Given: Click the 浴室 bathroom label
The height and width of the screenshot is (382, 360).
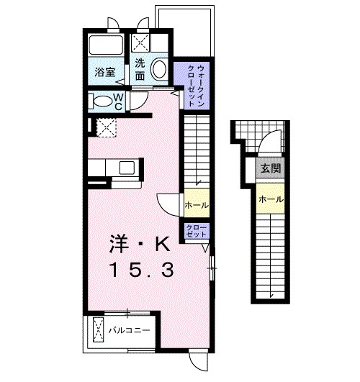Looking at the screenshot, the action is point(105,72).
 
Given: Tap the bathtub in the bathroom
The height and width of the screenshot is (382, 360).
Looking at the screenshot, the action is point(106,45).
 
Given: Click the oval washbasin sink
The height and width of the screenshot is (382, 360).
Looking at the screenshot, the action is point(159,68).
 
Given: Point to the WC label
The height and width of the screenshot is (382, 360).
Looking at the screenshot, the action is point(118,102).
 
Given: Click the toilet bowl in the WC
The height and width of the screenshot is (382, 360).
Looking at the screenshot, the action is point(102,101).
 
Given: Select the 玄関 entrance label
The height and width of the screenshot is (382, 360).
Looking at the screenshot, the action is point(271,168).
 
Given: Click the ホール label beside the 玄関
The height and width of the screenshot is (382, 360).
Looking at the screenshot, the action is point(271,199).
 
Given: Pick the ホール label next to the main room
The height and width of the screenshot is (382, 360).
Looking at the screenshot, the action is point(197,205).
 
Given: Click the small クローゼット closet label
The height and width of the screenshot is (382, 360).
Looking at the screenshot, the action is point(197,231).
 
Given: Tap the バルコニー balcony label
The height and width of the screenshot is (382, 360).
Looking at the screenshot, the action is point(130,330).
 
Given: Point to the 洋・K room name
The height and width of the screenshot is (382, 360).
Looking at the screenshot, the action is point(140,244).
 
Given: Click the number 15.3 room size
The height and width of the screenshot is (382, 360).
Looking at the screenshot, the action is point(143,270).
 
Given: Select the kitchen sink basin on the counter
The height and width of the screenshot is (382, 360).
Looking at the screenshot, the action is point(127,168).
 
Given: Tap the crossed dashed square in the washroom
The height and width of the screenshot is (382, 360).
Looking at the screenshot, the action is point(140,43).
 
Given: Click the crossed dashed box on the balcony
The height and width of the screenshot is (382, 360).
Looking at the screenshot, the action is point(99,330).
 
